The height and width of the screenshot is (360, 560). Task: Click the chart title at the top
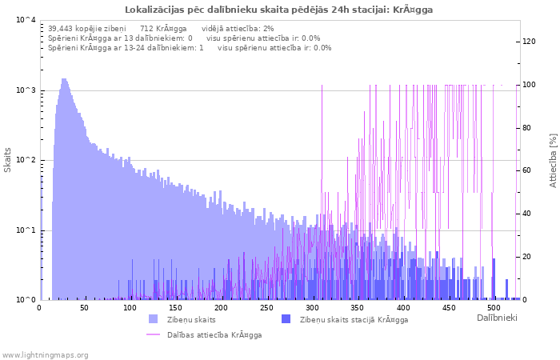[279, 10]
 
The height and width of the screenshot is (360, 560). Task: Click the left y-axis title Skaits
[8, 160]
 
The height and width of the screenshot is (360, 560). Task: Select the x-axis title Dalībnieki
[497, 318]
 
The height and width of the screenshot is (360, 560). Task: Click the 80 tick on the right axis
[527, 128]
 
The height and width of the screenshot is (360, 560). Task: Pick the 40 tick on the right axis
[527, 214]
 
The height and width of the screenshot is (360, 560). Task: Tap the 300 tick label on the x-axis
[312, 308]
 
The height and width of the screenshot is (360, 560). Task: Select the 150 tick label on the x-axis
[176, 308]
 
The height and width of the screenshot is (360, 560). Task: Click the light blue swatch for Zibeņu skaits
[154, 319]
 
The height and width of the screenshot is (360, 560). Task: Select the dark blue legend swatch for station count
[286, 319]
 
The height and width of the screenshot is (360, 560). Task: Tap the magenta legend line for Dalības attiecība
[154, 334]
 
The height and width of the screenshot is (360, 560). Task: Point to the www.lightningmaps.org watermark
[45, 354]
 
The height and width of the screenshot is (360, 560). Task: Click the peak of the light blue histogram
[64, 80]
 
